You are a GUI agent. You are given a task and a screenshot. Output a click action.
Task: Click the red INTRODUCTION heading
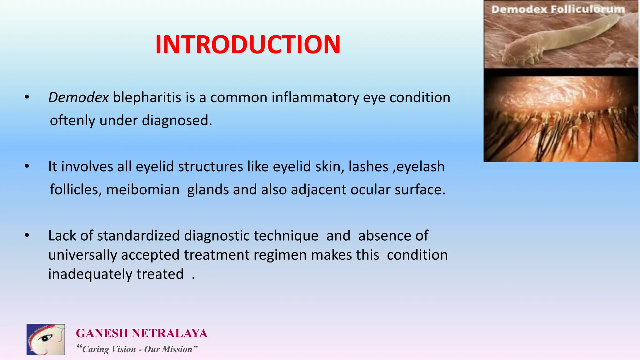click(247, 45)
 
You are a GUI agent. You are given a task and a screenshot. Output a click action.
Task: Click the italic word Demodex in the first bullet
click(78, 97)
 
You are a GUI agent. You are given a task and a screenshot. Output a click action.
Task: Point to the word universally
click(82, 255)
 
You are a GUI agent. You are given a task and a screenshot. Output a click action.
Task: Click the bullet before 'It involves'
click(27, 166)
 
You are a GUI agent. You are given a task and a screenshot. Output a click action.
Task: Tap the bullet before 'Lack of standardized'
click(27, 235)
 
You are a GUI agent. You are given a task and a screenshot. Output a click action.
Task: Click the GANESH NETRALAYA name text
click(142, 333)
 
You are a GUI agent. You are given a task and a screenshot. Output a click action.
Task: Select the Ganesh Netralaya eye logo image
click(46, 339)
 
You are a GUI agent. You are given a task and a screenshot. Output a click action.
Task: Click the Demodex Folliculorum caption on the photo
click(558, 9)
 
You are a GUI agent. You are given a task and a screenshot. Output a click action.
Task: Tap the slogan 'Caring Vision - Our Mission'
click(137, 349)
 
